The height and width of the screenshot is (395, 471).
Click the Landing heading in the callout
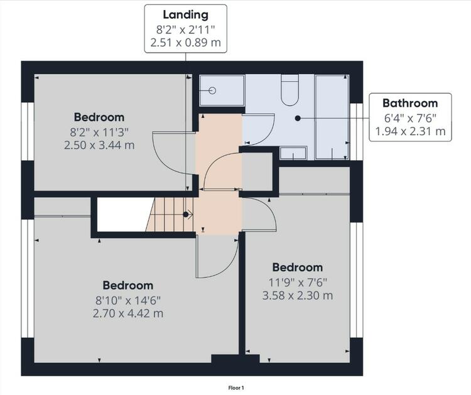185,14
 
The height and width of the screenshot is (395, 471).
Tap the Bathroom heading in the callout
410,103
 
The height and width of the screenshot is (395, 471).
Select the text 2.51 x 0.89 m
185,42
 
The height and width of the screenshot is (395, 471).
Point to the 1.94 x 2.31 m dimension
410,131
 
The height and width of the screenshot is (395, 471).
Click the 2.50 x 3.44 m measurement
99,146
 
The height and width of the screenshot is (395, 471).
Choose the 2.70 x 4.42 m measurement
128,313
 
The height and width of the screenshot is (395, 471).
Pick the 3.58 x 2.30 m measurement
298,296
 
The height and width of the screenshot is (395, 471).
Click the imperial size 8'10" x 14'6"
128,300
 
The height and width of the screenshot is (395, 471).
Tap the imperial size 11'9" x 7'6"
298,282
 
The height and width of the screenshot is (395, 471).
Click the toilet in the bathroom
290,90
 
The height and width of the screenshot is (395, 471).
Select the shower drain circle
212,90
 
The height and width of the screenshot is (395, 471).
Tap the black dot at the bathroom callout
298,118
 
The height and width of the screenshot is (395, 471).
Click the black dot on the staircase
186,215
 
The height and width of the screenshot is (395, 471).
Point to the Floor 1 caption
236,388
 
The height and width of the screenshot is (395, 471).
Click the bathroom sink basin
293,153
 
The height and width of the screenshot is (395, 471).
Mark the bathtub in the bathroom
332,117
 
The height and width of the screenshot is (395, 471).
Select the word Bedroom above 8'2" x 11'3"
99,117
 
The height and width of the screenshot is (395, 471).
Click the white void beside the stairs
123,215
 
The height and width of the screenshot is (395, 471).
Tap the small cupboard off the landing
257,171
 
